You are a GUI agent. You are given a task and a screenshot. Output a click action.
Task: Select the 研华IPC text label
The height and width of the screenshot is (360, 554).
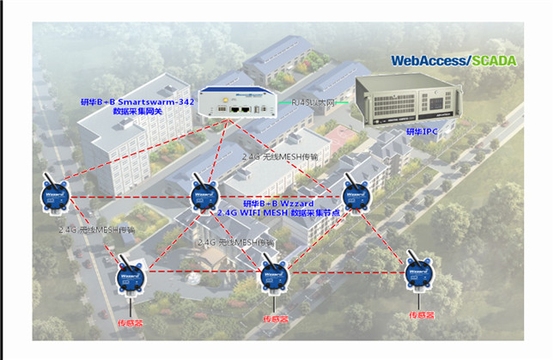pos(425,133)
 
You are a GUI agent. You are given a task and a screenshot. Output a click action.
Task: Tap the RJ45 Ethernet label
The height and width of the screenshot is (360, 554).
pos(314,103)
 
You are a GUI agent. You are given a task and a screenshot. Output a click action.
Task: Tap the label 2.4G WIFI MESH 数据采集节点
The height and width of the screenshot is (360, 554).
pos(277,212)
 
